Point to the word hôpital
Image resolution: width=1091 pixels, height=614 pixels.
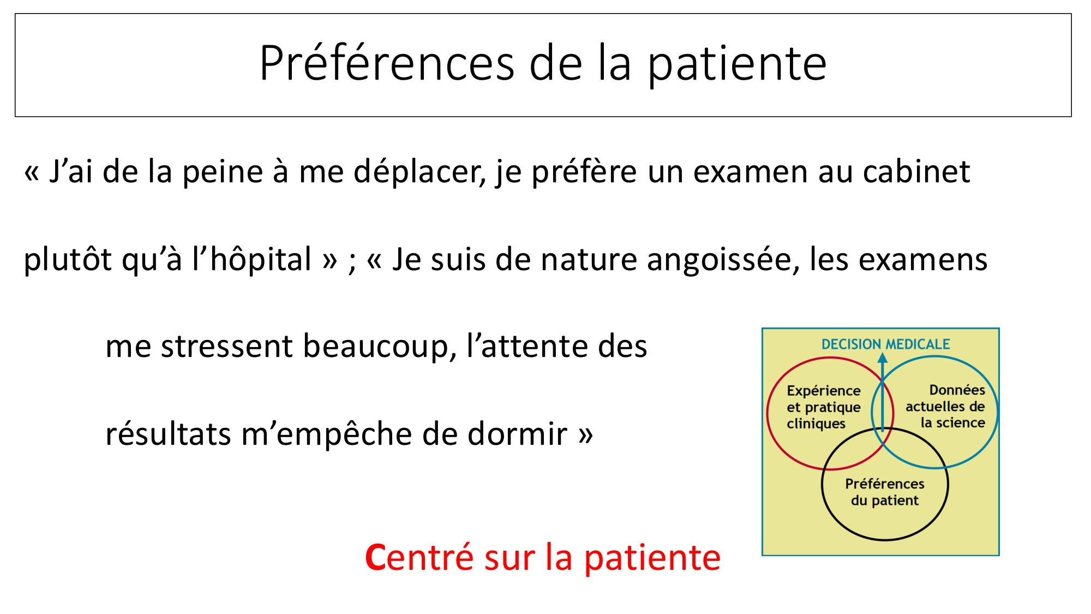pos(261,260)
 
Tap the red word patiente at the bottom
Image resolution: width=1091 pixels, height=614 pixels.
pos(652,559)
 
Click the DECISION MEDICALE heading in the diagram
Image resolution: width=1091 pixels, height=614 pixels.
pos(885,344)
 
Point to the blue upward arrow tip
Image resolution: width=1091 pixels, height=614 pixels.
pos(883,358)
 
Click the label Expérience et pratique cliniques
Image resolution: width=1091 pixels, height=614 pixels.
pos(823,407)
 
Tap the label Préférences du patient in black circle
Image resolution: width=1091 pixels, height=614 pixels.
pos(884,492)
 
